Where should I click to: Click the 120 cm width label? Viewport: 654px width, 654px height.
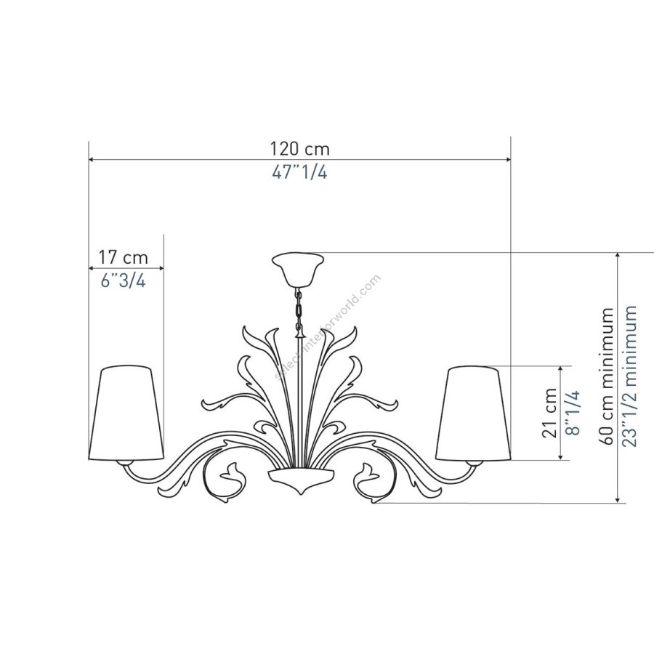click(x=300, y=149)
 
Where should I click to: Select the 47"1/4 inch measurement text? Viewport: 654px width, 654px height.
click(x=300, y=171)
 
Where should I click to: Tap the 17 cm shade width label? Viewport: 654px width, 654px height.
click(x=123, y=257)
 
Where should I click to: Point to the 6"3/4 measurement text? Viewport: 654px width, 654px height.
click(x=124, y=280)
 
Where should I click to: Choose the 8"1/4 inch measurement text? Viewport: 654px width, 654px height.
click(x=573, y=413)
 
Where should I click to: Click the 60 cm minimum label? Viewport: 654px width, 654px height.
click(x=607, y=376)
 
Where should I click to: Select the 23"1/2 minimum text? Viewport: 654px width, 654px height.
click(x=629, y=376)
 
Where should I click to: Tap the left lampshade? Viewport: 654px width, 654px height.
click(x=126, y=413)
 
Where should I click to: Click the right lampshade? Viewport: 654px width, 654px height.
click(x=473, y=413)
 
